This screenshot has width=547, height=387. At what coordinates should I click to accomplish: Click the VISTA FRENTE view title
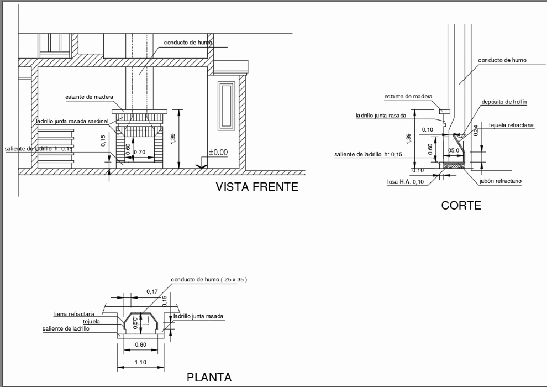257,187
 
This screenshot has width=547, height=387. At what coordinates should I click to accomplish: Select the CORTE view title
461,206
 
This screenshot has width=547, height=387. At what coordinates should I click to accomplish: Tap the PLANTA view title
209,378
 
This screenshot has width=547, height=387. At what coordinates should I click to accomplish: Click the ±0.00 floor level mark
218,152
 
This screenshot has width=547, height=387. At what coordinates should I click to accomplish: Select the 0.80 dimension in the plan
140,346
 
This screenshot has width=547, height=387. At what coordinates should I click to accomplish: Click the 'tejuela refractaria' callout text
511,125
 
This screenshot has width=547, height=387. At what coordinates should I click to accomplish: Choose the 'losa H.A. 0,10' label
406,181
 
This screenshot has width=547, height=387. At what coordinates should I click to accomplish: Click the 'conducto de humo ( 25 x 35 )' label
209,280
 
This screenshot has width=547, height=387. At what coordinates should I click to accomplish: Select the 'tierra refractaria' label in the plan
74,314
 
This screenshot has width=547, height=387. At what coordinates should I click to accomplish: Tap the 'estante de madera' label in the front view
89,97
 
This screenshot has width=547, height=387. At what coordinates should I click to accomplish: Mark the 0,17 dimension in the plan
152,291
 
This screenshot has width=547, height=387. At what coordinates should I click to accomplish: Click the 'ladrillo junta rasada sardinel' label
75,121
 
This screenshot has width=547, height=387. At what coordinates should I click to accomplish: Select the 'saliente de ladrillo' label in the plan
66,329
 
